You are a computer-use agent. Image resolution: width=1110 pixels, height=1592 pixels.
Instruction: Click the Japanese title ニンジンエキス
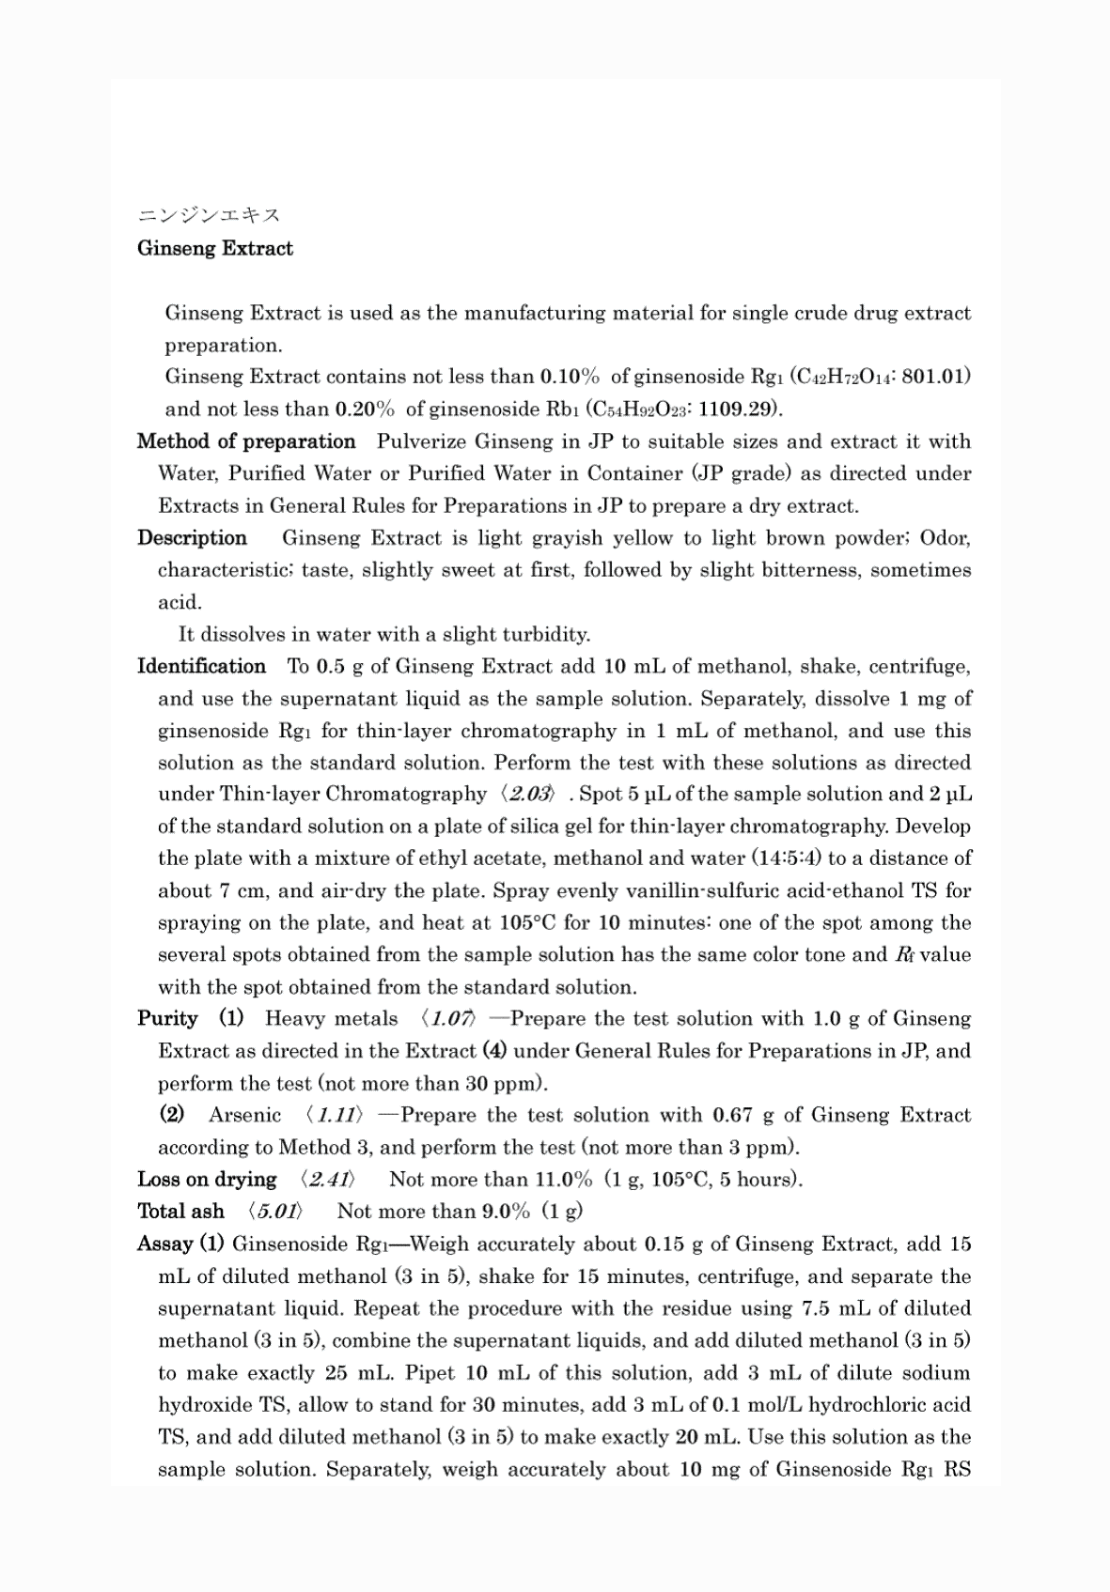click(209, 215)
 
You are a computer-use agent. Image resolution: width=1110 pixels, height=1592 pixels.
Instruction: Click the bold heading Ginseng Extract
click(215, 248)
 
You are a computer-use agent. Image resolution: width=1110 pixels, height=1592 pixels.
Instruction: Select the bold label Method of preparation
click(246, 441)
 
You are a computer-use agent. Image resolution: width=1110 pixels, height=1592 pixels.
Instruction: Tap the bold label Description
click(192, 538)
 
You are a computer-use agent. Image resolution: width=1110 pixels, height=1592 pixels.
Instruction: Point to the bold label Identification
click(201, 666)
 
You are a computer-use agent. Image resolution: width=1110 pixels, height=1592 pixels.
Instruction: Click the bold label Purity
click(167, 1018)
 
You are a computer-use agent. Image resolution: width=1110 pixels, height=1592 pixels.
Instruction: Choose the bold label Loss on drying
click(207, 1179)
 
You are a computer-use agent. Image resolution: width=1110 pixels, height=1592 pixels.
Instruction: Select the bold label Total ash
click(180, 1211)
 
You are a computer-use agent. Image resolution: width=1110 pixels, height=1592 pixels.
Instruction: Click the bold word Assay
click(164, 1244)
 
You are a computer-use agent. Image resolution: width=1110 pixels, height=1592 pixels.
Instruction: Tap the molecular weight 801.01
click(934, 377)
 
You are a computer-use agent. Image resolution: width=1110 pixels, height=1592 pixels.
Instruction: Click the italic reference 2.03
click(528, 795)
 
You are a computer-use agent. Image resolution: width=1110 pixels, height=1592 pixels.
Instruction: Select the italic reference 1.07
click(450, 1018)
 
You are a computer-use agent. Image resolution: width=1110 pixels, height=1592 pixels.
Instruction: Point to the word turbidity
click(543, 634)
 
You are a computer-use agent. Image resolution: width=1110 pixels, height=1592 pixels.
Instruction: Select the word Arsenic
click(244, 1115)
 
